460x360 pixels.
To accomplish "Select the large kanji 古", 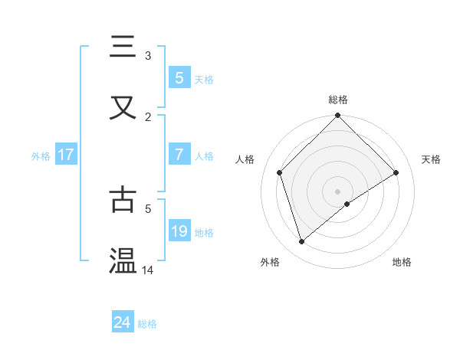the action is [x=123, y=198].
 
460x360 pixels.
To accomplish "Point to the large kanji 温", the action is [x=123, y=260].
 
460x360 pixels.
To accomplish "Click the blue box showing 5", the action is [x=179, y=77].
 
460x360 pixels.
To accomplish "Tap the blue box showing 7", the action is [x=179, y=155].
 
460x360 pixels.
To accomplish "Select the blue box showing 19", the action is [x=179, y=231].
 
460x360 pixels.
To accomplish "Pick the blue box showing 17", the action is [x=65, y=155].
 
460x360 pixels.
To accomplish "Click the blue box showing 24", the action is [x=123, y=322].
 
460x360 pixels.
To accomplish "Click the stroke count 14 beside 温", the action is [x=148, y=270].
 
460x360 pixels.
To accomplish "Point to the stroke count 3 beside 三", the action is [x=148, y=55].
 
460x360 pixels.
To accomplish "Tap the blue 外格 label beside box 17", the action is [x=41, y=155].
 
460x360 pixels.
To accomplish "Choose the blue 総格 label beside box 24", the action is [x=147, y=323].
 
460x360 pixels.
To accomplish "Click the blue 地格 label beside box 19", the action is [x=204, y=232].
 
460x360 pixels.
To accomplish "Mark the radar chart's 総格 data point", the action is [x=337, y=116].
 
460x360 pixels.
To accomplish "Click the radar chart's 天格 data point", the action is [x=396, y=172].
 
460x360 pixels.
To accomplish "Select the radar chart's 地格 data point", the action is [x=347, y=204].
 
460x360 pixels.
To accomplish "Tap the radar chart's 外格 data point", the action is [x=302, y=241].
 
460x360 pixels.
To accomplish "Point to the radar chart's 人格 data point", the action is [x=280, y=172].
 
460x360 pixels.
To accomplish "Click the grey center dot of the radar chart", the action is [x=337, y=191].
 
